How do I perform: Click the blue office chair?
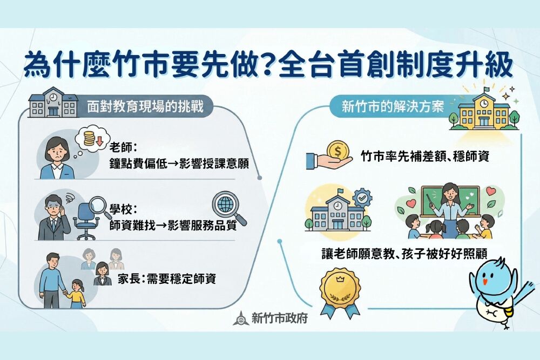pyautogui.click(x=86, y=219)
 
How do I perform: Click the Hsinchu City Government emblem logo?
pyautogui.click(x=241, y=318)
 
